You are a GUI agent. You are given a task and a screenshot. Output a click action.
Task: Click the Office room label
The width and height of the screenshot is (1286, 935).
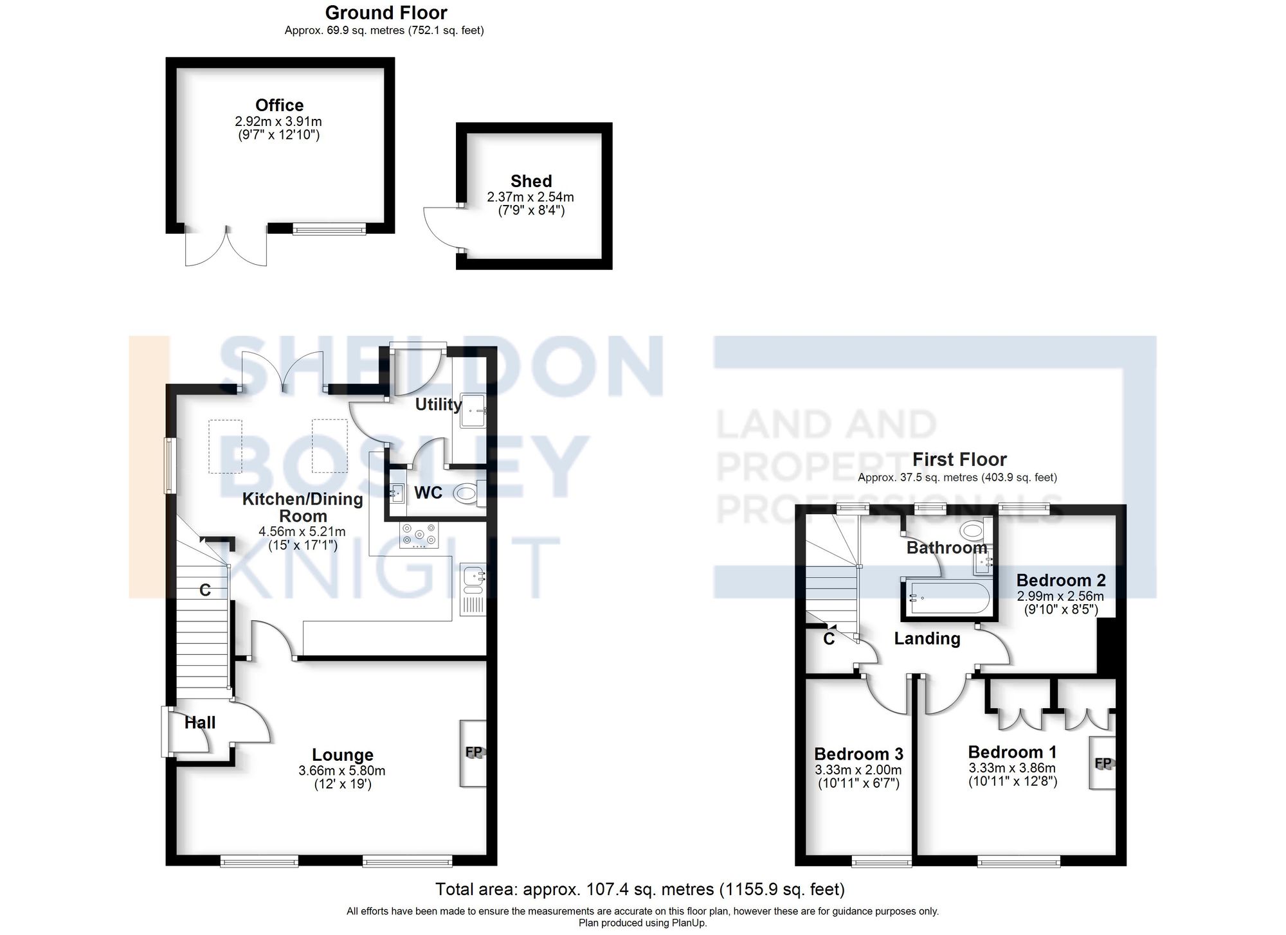279,105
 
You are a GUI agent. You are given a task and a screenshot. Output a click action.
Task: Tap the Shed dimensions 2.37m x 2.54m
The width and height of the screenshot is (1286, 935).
530,197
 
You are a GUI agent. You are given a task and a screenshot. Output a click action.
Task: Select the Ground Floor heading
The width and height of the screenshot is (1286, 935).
386,12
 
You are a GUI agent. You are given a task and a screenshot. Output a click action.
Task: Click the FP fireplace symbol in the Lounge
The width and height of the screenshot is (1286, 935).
473,752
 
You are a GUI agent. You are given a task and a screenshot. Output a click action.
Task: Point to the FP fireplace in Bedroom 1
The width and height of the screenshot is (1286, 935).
1103,763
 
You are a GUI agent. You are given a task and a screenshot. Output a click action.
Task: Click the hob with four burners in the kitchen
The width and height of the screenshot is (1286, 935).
419,535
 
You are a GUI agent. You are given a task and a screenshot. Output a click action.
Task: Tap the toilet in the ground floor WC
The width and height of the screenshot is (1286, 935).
466,494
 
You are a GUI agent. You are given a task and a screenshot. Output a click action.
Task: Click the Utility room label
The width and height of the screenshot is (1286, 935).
438,404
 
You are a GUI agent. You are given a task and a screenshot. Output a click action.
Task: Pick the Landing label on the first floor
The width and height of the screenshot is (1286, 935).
927,638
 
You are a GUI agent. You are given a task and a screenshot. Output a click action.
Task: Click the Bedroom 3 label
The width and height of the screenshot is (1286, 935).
858,754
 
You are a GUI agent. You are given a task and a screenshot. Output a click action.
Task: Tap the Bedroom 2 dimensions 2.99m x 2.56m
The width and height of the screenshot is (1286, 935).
1060,596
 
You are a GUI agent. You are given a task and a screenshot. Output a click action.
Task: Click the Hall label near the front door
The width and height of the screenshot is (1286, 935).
200,722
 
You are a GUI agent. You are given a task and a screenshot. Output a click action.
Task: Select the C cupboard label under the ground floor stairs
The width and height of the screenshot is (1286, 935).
204,590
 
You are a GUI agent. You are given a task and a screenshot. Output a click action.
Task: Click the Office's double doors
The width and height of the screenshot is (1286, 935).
226,247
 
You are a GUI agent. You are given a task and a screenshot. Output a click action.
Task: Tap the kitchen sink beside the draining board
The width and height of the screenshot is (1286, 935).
473,576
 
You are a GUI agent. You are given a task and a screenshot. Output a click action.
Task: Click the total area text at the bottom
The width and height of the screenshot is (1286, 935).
640,889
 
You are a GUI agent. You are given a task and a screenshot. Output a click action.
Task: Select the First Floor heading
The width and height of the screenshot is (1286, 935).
959,459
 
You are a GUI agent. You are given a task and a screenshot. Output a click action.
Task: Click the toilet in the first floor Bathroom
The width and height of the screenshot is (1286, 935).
972,531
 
